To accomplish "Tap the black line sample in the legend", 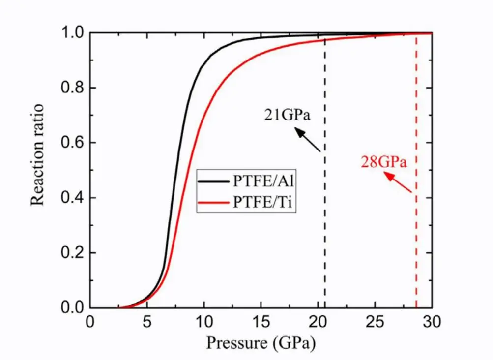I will click(x=213, y=181).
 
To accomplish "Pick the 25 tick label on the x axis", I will click(x=375, y=324).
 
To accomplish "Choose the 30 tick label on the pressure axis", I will click(x=432, y=324).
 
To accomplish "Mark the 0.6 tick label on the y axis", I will click(x=73, y=143).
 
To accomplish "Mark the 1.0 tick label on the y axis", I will click(x=73, y=33).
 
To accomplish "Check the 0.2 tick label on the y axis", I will click(x=73, y=253).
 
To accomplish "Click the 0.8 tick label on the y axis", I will click(x=73, y=89).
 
